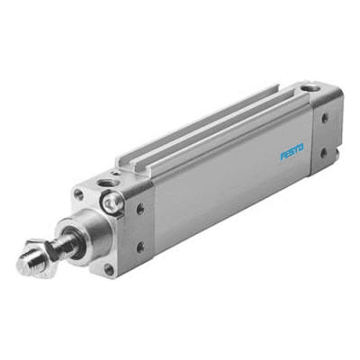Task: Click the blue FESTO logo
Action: pyautogui.click(x=292, y=152)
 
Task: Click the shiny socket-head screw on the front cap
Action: pyautogui.click(x=113, y=202)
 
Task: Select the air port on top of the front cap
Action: pyautogui.click(x=104, y=183)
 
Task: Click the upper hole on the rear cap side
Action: pyautogui.click(x=325, y=118)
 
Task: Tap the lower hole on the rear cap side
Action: pyautogui.click(x=324, y=153)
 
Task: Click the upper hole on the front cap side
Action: pyautogui.click(x=140, y=209)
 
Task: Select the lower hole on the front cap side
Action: pyautogui.click(x=140, y=247)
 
